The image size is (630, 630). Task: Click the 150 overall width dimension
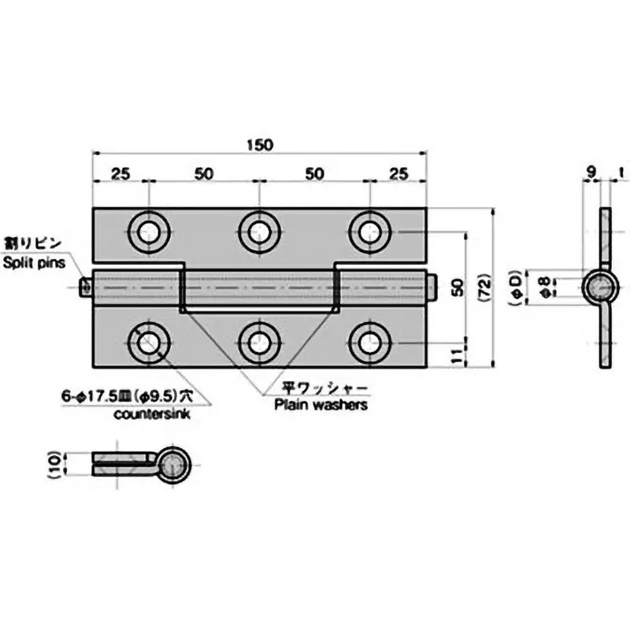tap(259, 145)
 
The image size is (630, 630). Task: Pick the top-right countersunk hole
tap(368, 232)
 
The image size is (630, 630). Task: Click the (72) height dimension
tap(486, 288)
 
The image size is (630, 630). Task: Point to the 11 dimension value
tap(456, 355)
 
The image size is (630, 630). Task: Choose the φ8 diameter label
tap(546, 287)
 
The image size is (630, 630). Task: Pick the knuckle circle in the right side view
tap(600, 287)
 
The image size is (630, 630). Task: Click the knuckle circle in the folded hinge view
tap(176, 465)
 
